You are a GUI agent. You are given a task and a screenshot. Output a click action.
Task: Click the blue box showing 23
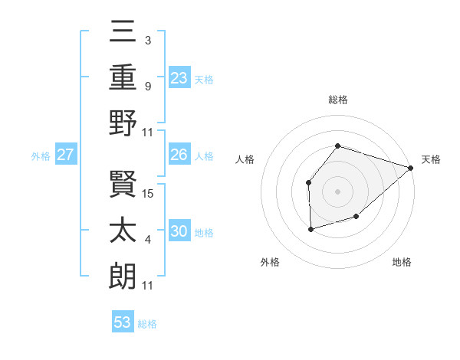click(179, 77)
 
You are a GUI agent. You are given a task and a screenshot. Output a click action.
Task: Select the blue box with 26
click(179, 155)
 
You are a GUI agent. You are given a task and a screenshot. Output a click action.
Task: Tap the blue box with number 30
click(179, 231)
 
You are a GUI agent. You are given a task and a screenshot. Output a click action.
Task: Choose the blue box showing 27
click(66, 155)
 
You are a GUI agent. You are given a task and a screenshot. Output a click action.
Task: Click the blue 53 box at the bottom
click(123, 322)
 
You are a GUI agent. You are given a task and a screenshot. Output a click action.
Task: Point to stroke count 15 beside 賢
click(149, 194)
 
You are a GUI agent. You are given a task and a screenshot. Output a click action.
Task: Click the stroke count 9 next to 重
click(147, 86)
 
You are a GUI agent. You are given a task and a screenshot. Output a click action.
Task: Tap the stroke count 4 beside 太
click(147, 240)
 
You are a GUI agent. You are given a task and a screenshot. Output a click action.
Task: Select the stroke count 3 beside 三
click(147, 40)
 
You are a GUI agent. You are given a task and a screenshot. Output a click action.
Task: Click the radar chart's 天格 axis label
click(431, 159)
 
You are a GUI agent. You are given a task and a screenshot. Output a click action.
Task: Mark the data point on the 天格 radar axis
click(411, 167)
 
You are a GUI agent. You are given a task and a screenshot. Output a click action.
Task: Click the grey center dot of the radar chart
click(337, 191)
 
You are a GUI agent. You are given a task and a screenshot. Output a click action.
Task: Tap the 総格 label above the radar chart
click(338, 100)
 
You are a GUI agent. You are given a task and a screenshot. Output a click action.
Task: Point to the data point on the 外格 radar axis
click(310, 229)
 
